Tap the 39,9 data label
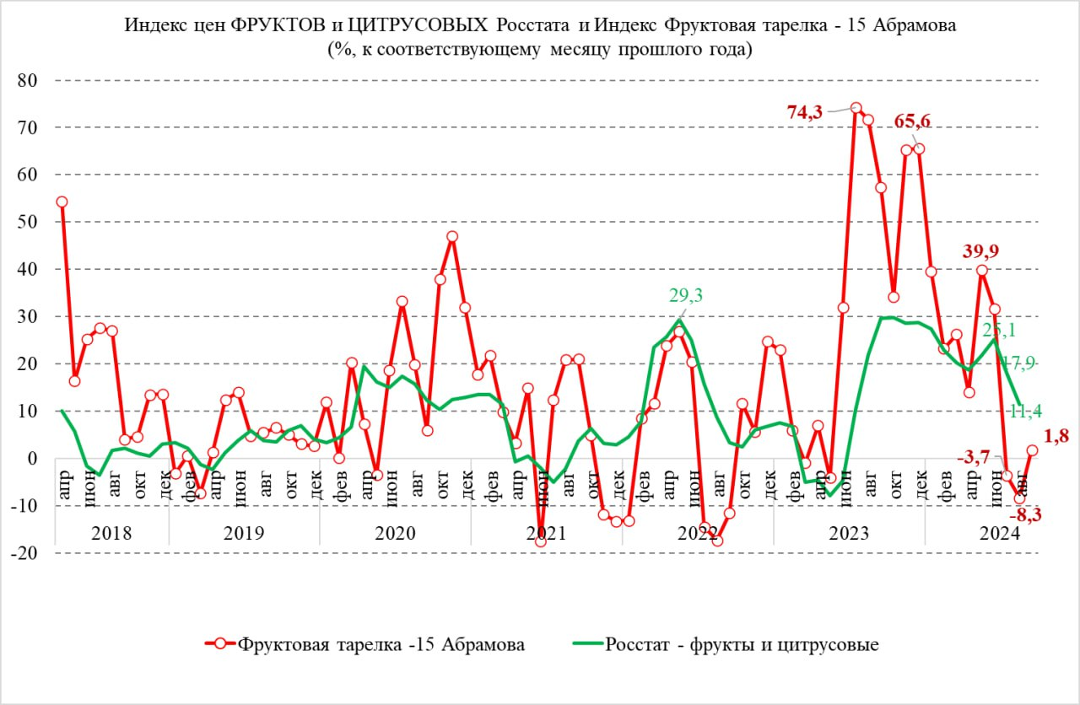[982, 250]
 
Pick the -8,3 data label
[1028, 514]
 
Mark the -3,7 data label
[974, 458]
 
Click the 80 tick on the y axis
[33, 81]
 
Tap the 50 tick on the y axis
[33, 223]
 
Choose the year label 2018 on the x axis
[112, 533]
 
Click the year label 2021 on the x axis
[546, 533]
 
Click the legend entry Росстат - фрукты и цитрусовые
[742, 645]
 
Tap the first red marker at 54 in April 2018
[62, 202]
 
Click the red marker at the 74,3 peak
[856, 108]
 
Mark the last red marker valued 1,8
[1032, 450]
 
